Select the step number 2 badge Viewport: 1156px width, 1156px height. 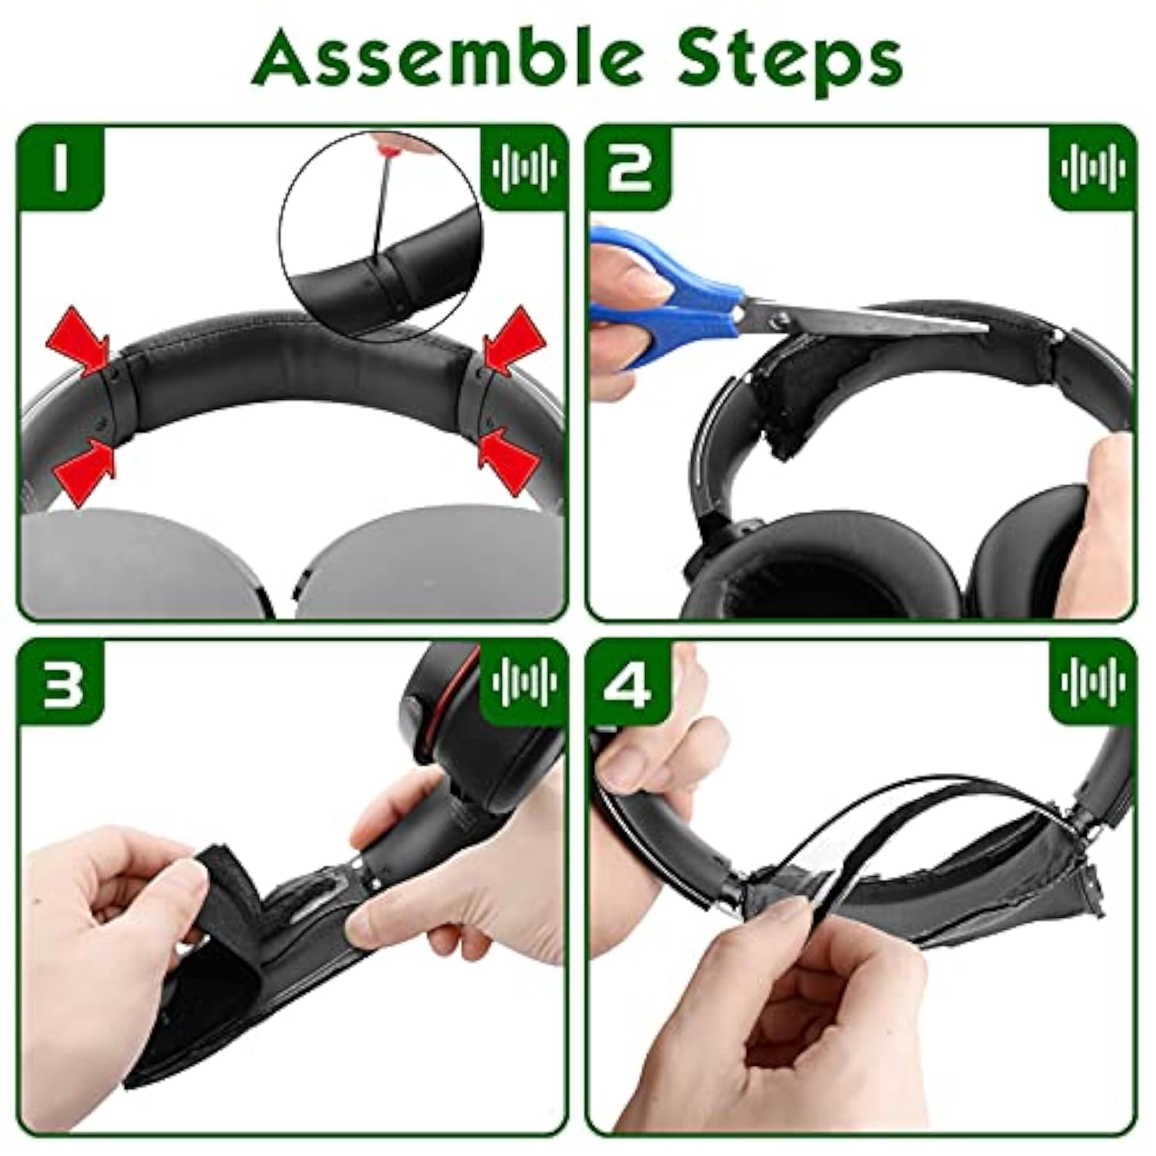pyautogui.click(x=628, y=168)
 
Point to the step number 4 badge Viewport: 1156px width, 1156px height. pyautogui.click(x=628, y=681)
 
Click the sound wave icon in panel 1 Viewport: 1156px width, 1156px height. pyautogui.click(x=524, y=168)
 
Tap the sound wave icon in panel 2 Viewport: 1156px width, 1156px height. pyautogui.click(x=1093, y=168)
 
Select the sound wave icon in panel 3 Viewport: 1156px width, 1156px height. pyautogui.click(x=524, y=681)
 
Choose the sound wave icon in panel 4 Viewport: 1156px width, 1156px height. pyautogui.click(x=1093, y=681)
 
